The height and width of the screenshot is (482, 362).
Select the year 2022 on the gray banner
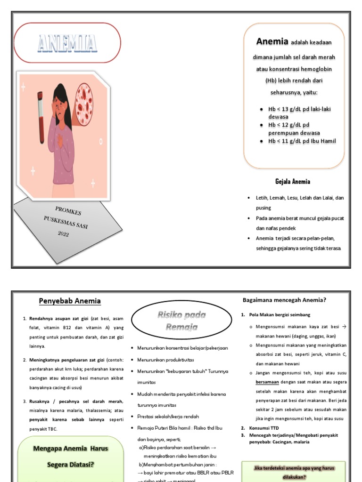(x=64, y=234)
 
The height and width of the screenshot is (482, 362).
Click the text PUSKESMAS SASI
(x=66, y=222)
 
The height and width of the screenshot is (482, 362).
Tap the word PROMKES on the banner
(x=68, y=210)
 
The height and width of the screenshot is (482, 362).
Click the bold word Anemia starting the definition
(x=272, y=41)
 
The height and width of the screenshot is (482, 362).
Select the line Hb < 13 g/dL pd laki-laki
(x=299, y=109)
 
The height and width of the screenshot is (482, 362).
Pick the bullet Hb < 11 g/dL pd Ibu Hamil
(x=302, y=141)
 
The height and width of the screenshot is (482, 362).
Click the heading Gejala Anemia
(x=293, y=181)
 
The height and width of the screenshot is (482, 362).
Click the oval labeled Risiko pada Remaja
(x=181, y=321)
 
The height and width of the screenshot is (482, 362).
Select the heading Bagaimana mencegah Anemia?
(x=285, y=299)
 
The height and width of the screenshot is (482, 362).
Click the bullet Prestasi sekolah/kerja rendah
(x=168, y=416)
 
